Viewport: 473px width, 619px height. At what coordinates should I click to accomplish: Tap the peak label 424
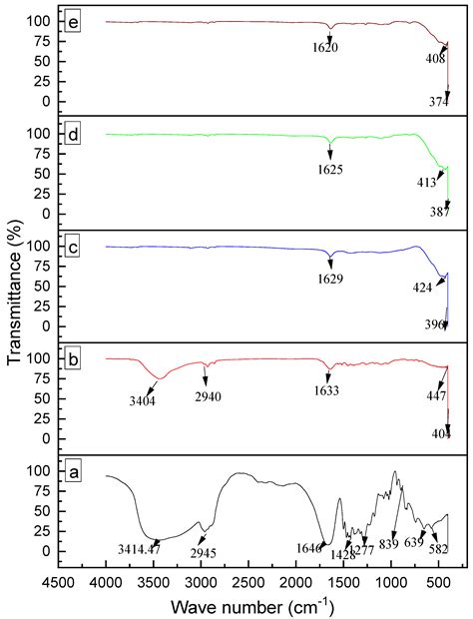coord(422,288)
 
